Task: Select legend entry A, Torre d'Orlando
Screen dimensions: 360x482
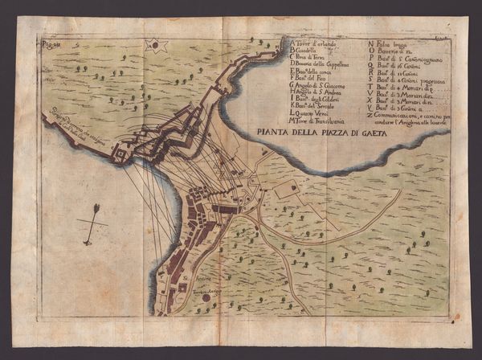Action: (x=315, y=43)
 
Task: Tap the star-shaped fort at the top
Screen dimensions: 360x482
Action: (x=154, y=46)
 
